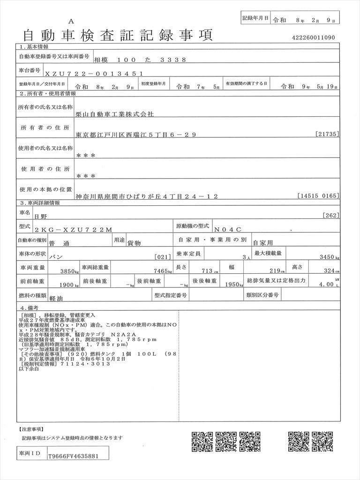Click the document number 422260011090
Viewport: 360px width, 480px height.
(313, 38)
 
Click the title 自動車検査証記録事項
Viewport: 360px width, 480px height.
(117, 35)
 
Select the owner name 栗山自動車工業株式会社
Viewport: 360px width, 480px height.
(114, 114)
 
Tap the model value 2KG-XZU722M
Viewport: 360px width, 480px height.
(73, 230)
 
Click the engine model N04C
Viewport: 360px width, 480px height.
(229, 230)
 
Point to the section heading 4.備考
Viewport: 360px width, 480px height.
(29, 307)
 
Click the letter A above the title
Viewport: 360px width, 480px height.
(71, 21)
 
